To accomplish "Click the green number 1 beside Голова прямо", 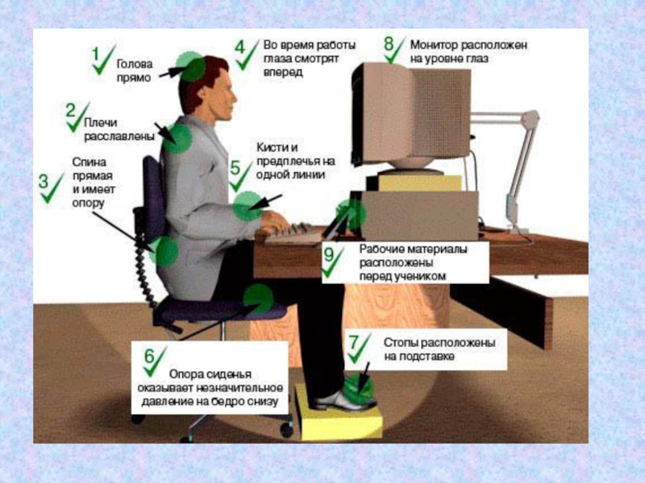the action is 95,54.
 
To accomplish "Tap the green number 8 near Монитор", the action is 389,43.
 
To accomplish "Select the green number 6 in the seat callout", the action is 149,355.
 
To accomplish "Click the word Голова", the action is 135,64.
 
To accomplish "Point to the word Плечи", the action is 101,122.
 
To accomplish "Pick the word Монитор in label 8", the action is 434,44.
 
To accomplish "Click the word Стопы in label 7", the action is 402,343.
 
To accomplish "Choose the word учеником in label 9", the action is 420,276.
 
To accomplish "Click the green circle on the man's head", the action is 191,67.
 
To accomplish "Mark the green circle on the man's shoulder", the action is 177,138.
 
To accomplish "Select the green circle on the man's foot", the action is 359,387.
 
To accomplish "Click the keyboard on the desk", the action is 294,233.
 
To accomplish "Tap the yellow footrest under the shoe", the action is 339,414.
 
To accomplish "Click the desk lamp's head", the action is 531,119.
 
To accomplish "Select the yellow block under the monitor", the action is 419,184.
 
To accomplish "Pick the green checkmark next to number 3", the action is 52,188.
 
